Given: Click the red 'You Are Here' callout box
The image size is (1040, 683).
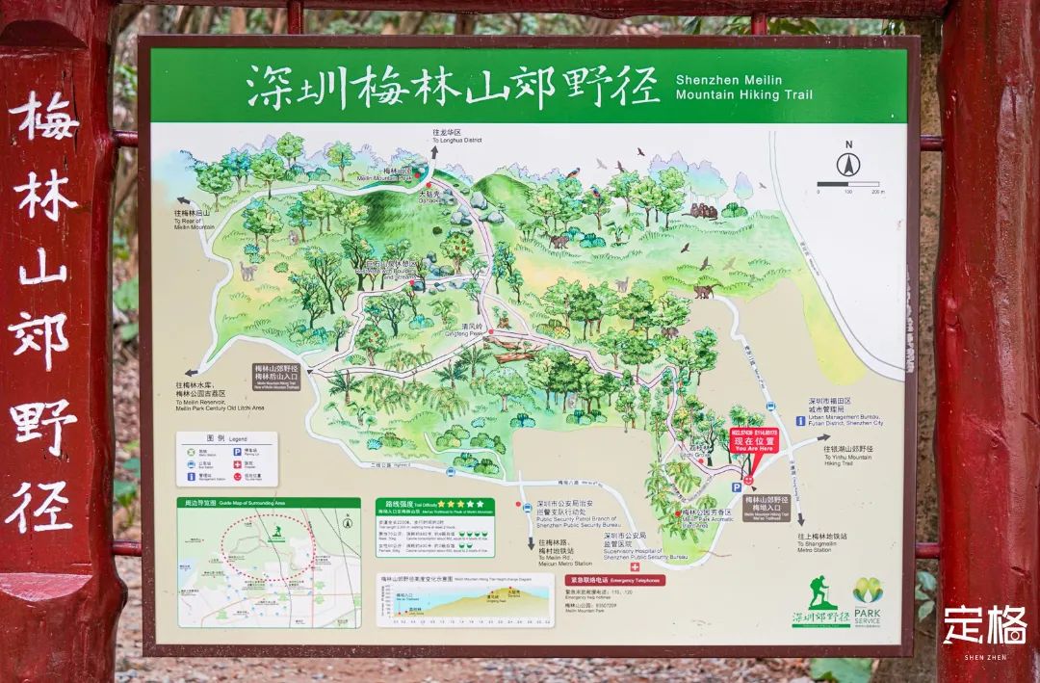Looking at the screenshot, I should point(754,440).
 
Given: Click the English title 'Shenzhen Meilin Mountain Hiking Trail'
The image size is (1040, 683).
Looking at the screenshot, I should point(743,87).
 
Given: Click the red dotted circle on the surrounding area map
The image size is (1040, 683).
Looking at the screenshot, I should point(268,544).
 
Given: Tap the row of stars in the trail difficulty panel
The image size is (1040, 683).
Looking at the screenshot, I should point(462,503).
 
